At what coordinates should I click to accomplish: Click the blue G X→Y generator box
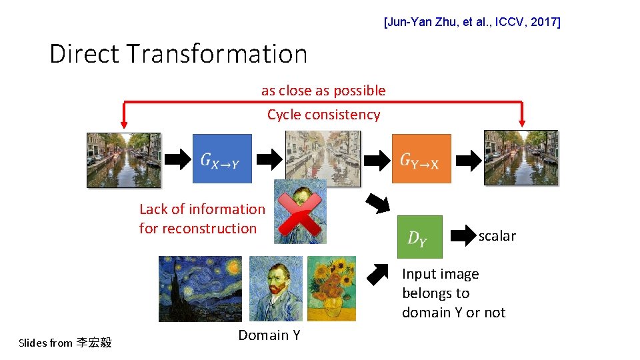tap(222, 159)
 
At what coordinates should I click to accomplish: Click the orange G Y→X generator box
tap(421, 159)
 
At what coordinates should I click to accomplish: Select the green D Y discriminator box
tap(419, 237)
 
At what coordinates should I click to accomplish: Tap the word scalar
tap(497, 235)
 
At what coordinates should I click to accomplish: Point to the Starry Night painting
tap(200, 289)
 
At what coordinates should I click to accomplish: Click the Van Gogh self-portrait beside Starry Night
tap(275, 289)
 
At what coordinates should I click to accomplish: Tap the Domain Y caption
tap(269, 335)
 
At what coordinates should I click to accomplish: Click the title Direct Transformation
tap(178, 53)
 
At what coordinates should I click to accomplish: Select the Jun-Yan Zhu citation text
tap(472, 23)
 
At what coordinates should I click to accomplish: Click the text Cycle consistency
tap(323, 115)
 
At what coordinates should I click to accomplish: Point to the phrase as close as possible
tap(323, 91)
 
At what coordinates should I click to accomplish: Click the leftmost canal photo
tap(123, 159)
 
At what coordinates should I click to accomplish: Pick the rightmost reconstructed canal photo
tap(521, 158)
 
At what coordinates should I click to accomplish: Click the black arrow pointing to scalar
tap(464, 235)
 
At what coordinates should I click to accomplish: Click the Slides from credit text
tap(65, 343)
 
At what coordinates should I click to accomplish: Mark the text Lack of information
tap(202, 209)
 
